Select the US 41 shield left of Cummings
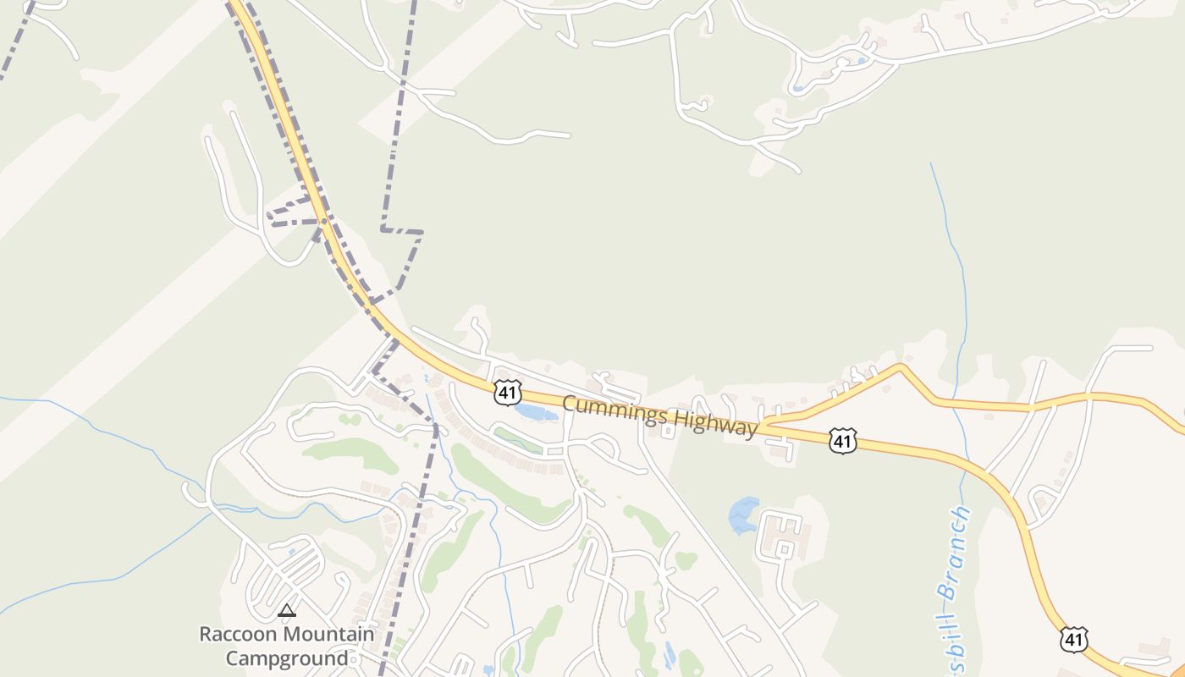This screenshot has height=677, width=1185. tap(507, 392)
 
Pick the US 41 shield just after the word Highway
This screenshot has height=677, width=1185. tap(842, 440)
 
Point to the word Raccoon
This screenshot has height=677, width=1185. tap(238, 634)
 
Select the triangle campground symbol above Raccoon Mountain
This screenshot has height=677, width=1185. tap(287, 610)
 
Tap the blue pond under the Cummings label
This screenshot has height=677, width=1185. tap(535, 413)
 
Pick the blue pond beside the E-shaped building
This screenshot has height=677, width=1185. tap(743, 515)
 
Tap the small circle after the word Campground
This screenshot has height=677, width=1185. tap(355, 660)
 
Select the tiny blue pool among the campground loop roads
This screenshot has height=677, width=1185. tap(291, 552)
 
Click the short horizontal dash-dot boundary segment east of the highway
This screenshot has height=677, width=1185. tap(401, 230)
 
